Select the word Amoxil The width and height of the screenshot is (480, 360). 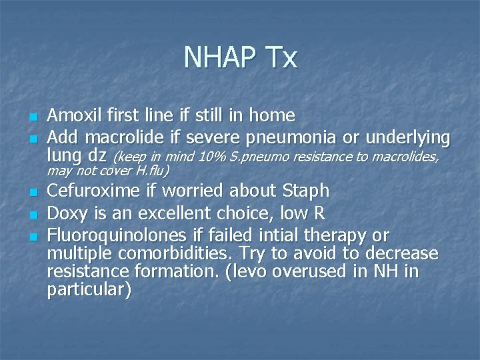coord(74,115)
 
